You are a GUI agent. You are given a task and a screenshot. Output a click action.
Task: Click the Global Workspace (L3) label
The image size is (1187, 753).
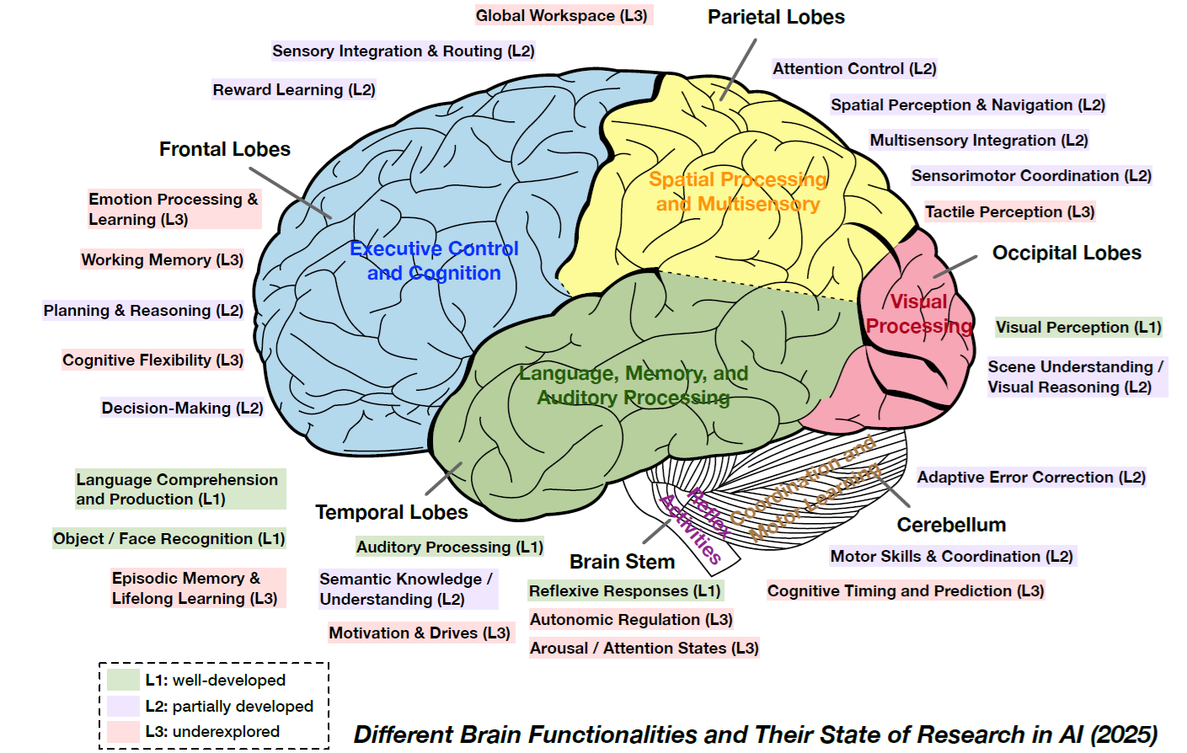pos(562,15)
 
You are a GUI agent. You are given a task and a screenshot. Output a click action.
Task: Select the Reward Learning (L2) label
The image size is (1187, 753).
pos(294,89)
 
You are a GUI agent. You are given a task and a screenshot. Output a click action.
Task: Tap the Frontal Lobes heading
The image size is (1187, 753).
pos(225,149)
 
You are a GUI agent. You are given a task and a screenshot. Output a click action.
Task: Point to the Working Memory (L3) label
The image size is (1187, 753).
pos(163,259)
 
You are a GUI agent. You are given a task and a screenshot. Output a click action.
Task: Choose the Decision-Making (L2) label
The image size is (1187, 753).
pos(183,408)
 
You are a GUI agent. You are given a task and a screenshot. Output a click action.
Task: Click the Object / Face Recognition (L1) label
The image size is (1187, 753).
pos(169,538)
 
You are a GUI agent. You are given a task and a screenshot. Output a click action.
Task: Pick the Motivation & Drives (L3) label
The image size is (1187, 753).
pos(420,633)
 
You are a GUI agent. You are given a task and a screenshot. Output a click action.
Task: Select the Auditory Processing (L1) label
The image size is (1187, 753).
pos(450,547)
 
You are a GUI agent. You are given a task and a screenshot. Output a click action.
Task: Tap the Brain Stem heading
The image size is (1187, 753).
pos(622,562)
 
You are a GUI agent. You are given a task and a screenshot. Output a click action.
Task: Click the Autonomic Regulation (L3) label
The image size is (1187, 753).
pos(631,619)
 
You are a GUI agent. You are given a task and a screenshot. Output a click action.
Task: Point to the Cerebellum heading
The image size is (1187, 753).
pos(951,525)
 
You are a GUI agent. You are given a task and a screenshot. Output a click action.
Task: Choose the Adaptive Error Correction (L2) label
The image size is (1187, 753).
pos(1031,477)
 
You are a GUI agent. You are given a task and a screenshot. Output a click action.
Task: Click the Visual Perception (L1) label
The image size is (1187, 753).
pos(1078,327)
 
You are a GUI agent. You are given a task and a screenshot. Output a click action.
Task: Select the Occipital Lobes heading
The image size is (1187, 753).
pos(1067,253)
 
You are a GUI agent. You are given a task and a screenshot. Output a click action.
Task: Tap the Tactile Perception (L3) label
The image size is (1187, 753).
pos(1009,211)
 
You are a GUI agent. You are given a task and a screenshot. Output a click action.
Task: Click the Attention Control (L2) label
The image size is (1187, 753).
pos(854,68)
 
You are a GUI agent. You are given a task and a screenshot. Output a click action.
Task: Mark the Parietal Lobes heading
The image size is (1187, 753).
pos(776,17)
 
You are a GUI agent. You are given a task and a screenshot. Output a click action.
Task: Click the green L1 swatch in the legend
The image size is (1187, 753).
pos(123,680)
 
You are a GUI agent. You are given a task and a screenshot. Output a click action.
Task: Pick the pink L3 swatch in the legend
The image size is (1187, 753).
pos(123,731)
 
